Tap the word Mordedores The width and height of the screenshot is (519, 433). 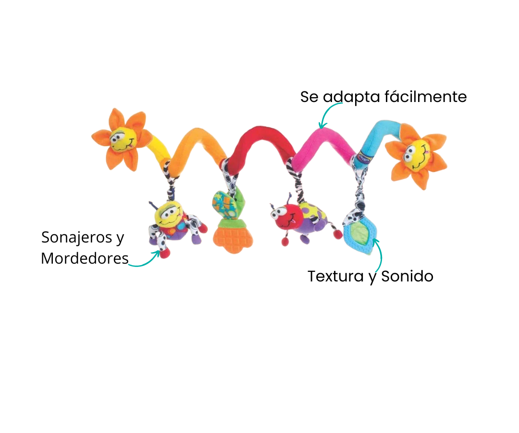pos(85,258)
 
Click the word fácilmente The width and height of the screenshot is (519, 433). pos(426,97)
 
